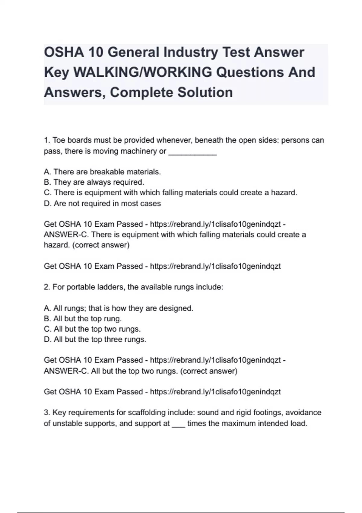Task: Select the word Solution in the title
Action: [205, 92]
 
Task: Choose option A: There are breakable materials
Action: [102, 172]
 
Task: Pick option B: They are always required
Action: [94, 182]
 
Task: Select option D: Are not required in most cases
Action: [102, 203]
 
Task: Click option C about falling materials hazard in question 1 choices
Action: [170, 193]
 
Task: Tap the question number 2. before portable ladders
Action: [47, 287]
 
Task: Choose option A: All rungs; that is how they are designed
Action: [118, 308]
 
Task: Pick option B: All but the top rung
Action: [83, 319]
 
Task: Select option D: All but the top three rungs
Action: [95, 339]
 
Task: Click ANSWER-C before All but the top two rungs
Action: [65, 371]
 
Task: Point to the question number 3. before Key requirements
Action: [47, 413]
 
